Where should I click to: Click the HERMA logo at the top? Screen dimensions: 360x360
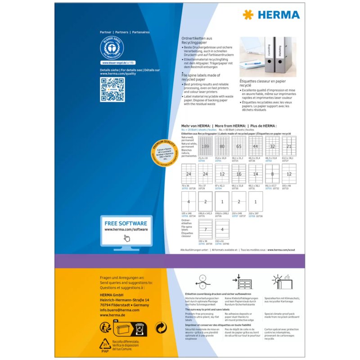pos(271,14)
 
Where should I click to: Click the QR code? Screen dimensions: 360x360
pos(112,90)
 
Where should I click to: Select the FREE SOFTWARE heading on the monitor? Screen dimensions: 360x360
pos(126,223)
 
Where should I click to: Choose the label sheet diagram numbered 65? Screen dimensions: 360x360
pos(238,146)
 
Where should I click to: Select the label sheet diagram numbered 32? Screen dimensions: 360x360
pos(272,146)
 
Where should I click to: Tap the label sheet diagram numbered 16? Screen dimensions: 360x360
pos(238,174)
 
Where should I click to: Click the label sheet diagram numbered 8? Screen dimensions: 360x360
pos(272,174)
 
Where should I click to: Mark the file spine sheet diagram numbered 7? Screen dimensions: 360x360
pos(205,229)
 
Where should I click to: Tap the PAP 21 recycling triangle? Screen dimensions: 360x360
pos(105,346)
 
